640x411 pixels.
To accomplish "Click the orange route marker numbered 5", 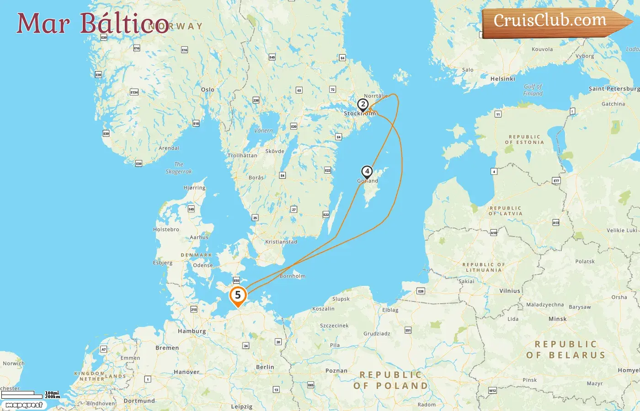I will point(238,295).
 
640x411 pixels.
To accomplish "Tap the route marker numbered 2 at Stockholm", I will point(363,105).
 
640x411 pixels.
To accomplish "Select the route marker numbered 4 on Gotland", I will point(367,172).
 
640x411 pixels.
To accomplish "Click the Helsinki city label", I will point(502,79).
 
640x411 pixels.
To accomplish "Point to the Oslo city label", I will point(208,90).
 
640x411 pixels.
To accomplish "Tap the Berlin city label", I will point(265,367).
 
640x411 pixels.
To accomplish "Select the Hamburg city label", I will point(192,331).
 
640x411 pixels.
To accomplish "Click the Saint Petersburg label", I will point(614,89).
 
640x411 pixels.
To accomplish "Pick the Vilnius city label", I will point(510,291).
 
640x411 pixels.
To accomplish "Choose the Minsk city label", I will point(557,319).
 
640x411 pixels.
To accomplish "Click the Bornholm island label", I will point(293,276).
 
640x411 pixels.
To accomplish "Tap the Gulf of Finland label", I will point(533,90).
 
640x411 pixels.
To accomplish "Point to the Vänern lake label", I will point(263,131).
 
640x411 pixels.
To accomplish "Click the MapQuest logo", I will point(24,405).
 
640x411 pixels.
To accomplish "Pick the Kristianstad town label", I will point(281,242).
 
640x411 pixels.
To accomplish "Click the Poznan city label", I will point(336,371).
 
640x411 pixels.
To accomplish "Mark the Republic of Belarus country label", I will point(566,350).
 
